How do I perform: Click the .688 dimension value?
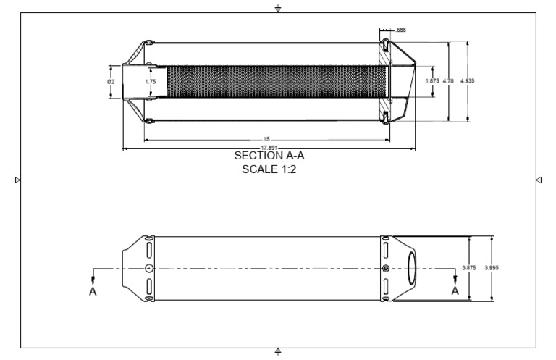pos(400,30)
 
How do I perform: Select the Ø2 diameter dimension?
pos(111,81)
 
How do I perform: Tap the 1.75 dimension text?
pos(150,81)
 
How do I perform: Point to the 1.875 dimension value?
pos(432,81)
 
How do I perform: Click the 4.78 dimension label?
pos(448,81)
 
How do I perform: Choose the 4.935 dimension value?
pos(468,81)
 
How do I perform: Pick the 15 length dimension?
pos(267,139)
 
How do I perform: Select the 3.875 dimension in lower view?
pos(469,268)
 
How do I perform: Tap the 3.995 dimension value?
pos(492,268)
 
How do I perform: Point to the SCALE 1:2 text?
pos(269,170)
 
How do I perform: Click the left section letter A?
pos(92,291)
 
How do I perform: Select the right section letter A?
pos(455,290)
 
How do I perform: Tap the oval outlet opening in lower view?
pos(411,268)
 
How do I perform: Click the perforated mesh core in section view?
pos(275,81)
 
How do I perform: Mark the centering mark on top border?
pos(279,8)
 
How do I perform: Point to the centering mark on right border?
pos(540,179)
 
